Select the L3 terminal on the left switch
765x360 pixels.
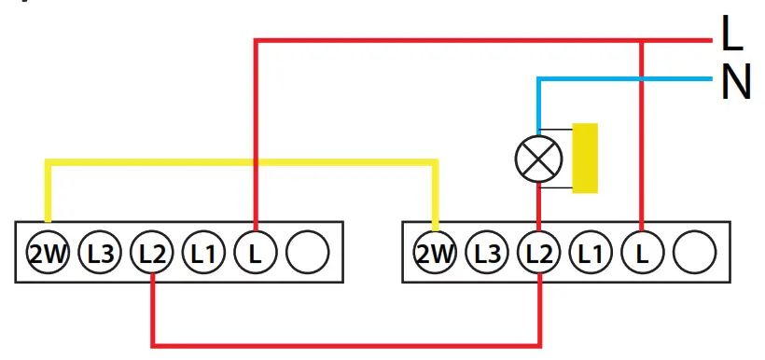coord(101,252)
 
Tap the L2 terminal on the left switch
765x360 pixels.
coord(152,252)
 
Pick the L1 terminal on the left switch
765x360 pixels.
coord(203,252)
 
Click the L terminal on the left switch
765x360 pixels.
coord(255,252)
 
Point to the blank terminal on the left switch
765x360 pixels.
coord(306,252)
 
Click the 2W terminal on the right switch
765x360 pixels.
coord(436,252)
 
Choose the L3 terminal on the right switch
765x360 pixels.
coord(487,252)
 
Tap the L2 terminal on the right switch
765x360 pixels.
coord(539,252)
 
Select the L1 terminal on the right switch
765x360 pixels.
coord(590,252)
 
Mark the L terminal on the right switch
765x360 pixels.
coord(641,252)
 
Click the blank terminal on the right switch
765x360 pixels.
coord(693,252)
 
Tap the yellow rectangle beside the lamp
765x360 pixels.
coord(585,159)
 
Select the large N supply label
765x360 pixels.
coord(735,83)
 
